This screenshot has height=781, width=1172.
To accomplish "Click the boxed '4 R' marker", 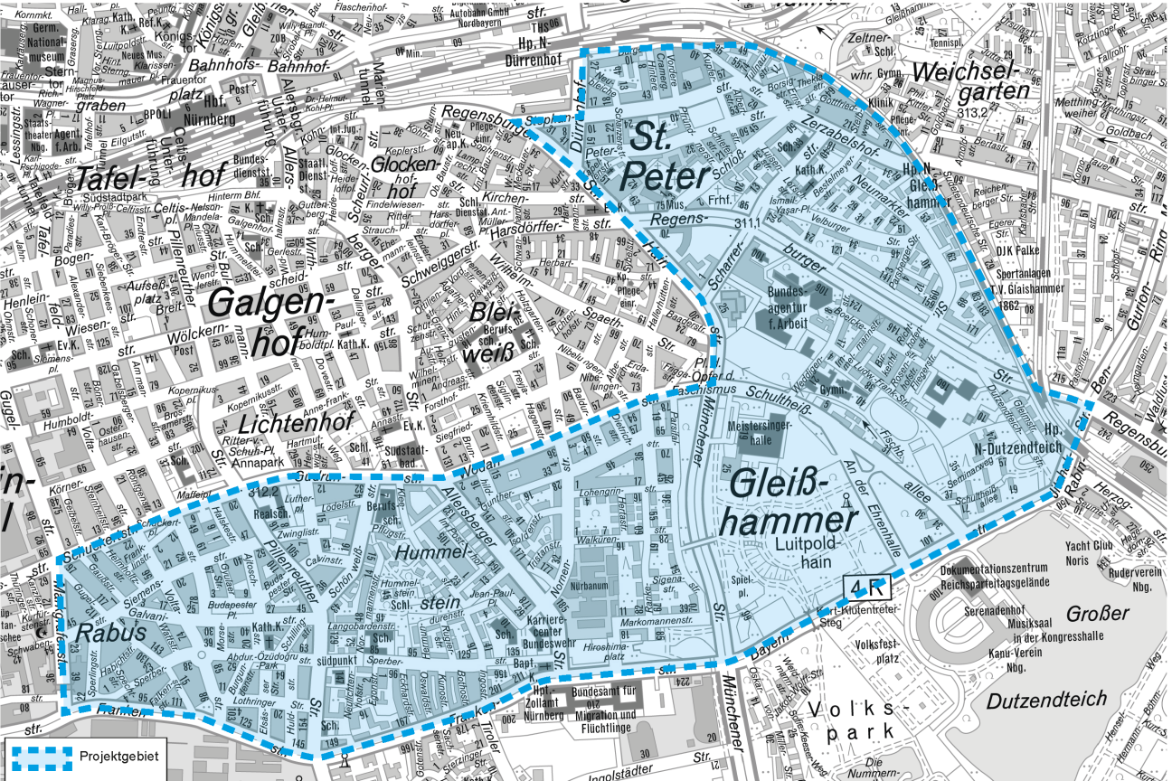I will [x=867, y=588].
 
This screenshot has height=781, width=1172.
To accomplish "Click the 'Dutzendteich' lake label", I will [x=1046, y=699].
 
